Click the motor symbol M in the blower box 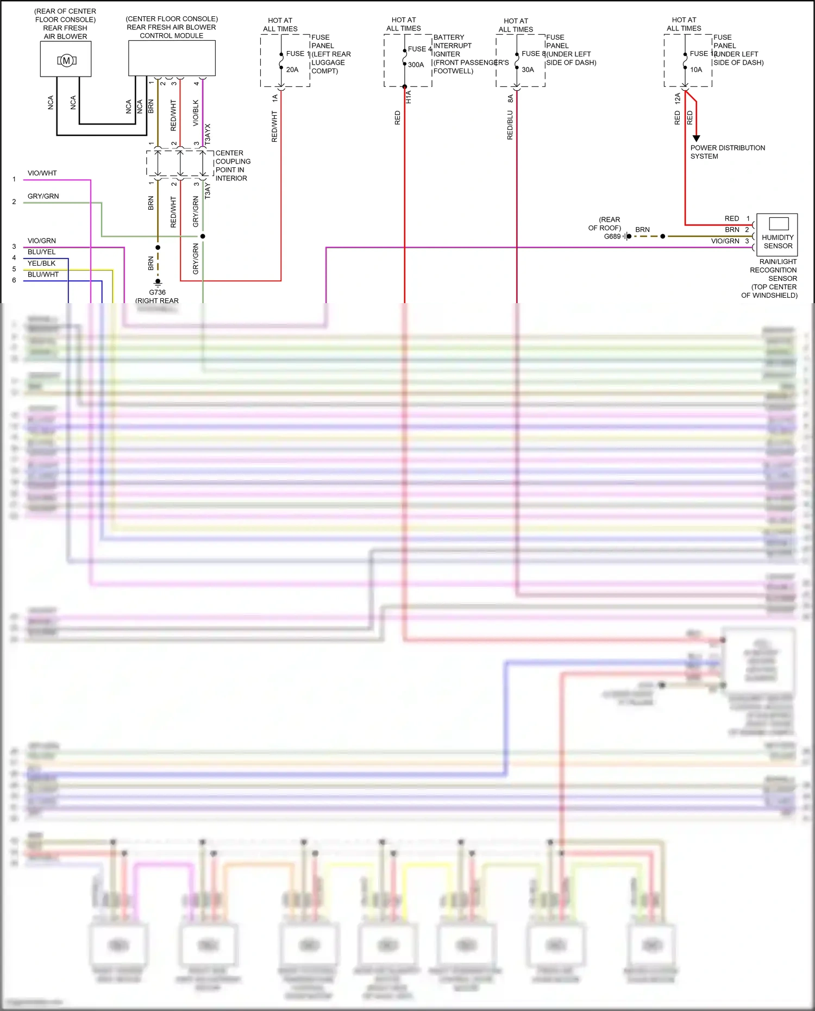click(66, 60)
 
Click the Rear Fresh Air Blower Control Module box click(172, 58)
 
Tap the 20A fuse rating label click(292, 70)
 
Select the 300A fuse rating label click(416, 65)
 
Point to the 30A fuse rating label click(528, 70)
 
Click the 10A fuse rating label click(696, 70)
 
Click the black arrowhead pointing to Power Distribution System click(696, 139)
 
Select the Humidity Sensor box click(777, 234)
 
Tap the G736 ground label click(157, 292)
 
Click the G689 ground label click(612, 236)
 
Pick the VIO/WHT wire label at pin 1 click(42, 173)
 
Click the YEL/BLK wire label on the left click(42, 263)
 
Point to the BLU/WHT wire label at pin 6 click(43, 275)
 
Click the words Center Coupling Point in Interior click(233, 166)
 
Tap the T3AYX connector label click(208, 134)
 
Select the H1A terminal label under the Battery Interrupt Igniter click(409, 97)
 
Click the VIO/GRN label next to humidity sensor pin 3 click(725, 241)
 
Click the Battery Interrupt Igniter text click(453, 46)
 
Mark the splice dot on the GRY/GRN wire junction click(203, 236)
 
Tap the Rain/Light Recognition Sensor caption click(773, 270)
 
